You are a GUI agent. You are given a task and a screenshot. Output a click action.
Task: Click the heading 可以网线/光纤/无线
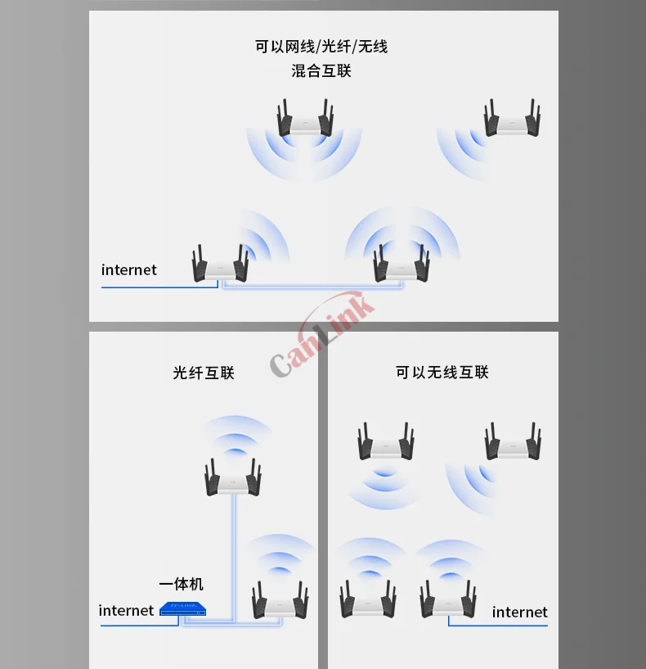(321, 46)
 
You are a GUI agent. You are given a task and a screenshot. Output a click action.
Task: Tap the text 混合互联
(321, 70)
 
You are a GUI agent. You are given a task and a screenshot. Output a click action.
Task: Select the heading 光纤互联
(204, 373)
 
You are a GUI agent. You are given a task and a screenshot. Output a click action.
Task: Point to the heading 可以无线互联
(442, 372)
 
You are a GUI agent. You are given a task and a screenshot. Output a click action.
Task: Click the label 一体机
(181, 584)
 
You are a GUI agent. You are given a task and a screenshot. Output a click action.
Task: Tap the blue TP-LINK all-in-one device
(182, 609)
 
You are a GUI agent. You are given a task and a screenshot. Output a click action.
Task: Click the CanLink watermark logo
(322, 333)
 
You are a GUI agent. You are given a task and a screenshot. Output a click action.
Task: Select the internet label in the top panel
(128, 269)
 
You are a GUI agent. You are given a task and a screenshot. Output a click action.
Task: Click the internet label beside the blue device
(126, 611)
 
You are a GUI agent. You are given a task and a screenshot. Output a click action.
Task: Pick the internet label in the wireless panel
(519, 612)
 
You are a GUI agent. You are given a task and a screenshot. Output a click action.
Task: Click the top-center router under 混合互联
(305, 119)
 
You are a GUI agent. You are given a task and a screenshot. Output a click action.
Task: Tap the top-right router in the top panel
(512, 119)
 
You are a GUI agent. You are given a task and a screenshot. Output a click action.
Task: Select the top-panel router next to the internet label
(220, 263)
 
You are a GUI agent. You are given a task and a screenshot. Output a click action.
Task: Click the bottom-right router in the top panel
(402, 263)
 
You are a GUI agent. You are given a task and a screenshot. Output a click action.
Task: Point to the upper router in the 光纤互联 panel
(233, 477)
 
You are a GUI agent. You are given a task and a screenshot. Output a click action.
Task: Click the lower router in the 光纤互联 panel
(280, 600)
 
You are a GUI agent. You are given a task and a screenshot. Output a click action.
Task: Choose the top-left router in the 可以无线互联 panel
(386, 441)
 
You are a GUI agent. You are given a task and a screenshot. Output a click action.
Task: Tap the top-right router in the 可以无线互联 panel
(513, 441)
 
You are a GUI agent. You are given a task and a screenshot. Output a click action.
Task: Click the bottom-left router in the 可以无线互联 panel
(368, 599)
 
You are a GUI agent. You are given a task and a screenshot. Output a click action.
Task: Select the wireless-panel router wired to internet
(448, 599)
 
